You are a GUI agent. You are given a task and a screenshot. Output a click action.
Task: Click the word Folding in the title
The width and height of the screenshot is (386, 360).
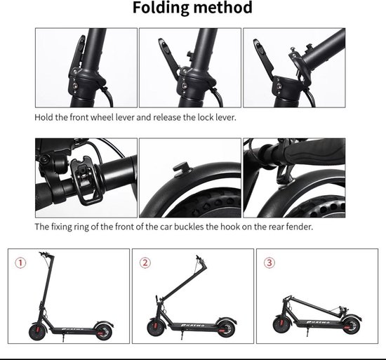[x=161, y=8]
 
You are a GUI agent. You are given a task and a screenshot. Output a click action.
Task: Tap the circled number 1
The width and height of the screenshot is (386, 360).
[x=20, y=262]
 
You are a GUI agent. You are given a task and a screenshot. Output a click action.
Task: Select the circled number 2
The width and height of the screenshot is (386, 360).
[x=145, y=262]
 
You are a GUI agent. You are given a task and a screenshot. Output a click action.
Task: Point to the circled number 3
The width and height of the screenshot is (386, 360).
[x=269, y=262]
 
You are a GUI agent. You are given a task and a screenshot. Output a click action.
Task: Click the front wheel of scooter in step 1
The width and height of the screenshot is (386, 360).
[x=37, y=331]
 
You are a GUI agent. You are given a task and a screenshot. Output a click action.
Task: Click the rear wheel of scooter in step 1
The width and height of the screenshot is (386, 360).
[x=103, y=332]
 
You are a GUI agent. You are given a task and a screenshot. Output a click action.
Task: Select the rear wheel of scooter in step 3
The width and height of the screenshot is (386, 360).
[x=351, y=326]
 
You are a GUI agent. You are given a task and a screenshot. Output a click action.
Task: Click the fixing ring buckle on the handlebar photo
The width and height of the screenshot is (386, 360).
[x=85, y=181]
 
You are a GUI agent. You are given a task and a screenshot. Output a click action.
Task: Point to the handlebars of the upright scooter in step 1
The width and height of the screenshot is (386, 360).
[x=46, y=255]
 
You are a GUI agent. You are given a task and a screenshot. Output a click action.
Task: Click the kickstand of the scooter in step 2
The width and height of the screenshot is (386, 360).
[x=182, y=335]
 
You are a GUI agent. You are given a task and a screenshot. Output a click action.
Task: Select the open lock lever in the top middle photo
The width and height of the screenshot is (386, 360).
[x=171, y=58]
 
